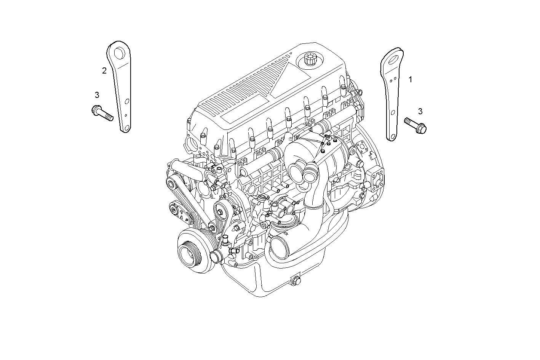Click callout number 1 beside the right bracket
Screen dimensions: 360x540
point(410,79)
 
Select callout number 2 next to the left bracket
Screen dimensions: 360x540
point(104,70)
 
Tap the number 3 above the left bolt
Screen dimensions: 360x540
point(97,94)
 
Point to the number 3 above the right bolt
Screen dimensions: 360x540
point(420,111)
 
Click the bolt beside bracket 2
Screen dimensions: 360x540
point(102,113)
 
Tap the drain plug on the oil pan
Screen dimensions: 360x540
point(296,281)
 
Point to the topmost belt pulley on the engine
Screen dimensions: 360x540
point(172,186)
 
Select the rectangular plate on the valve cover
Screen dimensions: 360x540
point(240,111)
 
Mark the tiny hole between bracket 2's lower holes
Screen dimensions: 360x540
point(126,114)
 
